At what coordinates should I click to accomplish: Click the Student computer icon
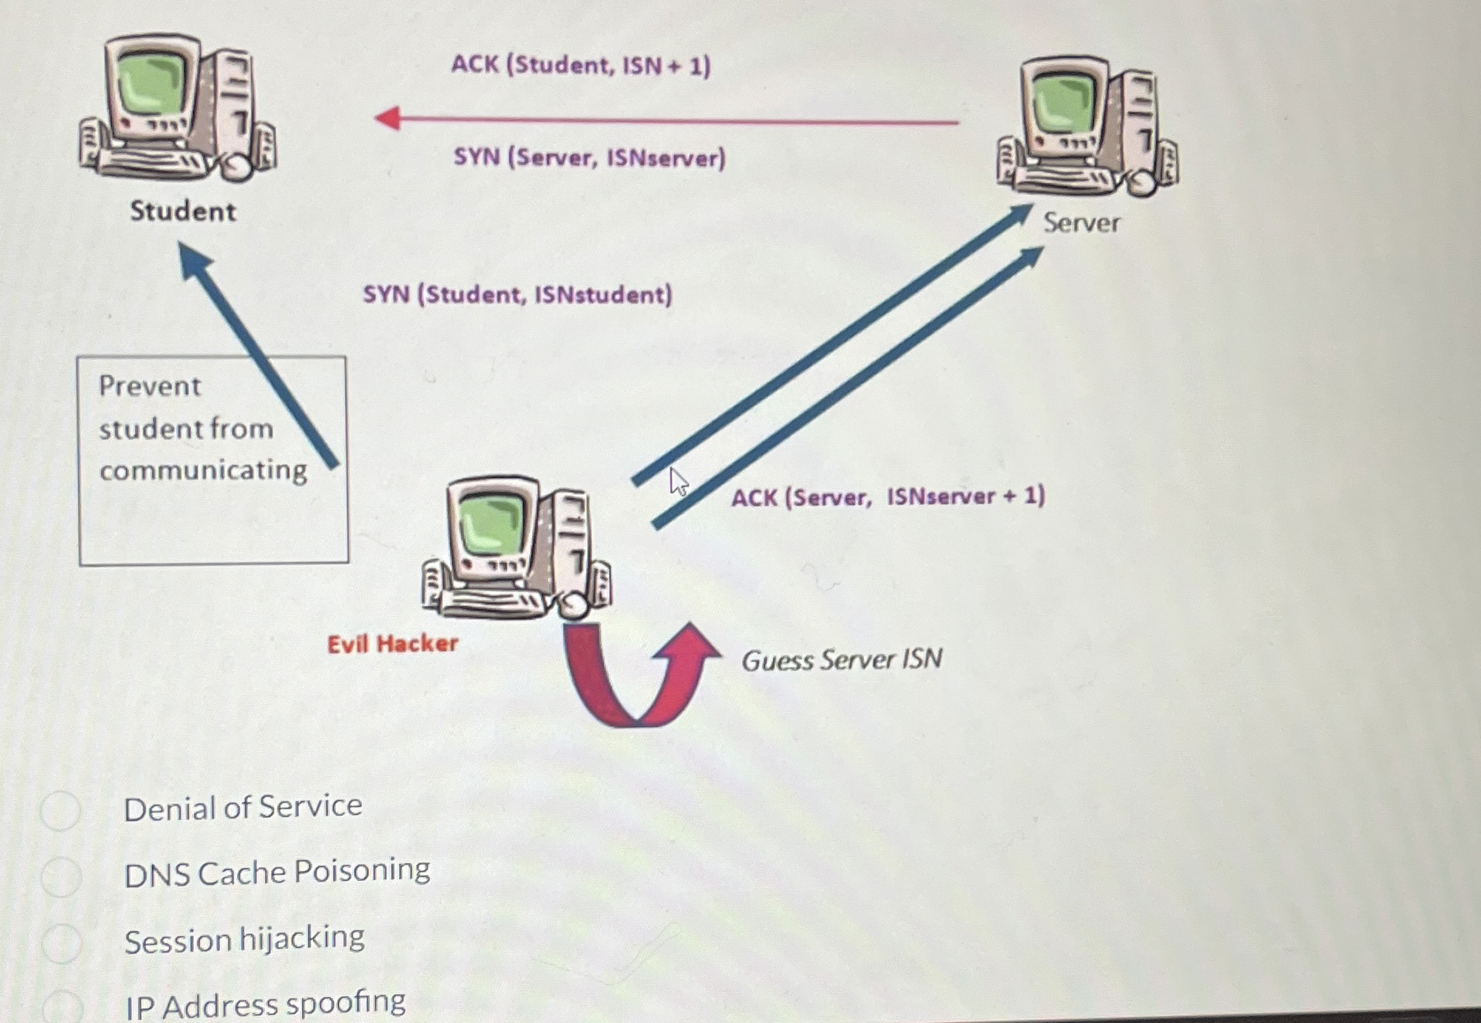click(178, 108)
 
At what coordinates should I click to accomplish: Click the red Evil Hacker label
click(392, 644)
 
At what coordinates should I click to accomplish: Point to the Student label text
click(183, 212)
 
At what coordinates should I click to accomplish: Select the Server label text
click(1081, 223)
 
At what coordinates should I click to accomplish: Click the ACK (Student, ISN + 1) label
click(581, 65)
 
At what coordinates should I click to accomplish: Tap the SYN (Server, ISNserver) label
click(589, 158)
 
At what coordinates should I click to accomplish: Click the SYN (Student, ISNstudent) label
click(517, 295)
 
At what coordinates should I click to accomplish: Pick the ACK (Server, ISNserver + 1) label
click(888, 496)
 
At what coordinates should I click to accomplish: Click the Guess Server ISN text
click(842, 660)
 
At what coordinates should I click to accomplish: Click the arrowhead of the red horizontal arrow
click(387, 118)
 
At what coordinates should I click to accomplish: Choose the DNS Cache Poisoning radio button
click(61, 876)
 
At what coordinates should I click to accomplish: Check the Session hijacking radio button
click(61, 943)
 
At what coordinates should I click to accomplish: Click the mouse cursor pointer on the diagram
click(678, 481)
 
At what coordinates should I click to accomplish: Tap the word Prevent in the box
click(150, 386)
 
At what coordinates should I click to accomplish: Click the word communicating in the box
click(203, 470)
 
